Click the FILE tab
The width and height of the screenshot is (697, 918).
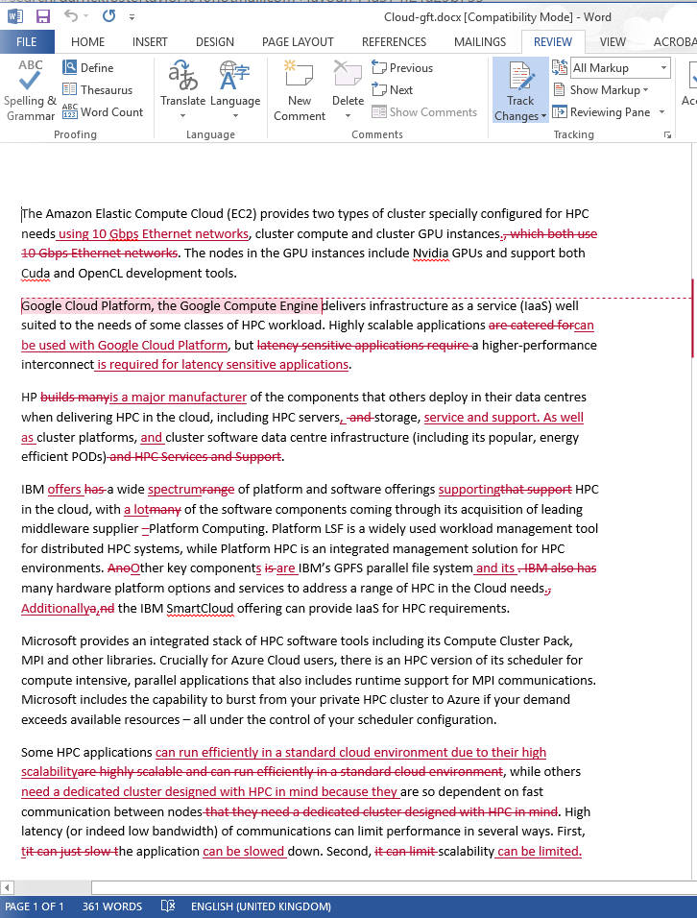[26, 42]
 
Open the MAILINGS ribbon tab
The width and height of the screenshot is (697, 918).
[479, 42]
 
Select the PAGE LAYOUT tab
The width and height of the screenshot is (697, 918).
[298, 42]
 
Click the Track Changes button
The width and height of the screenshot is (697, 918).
[519, 92]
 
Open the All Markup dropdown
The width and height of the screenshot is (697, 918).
[620, 68]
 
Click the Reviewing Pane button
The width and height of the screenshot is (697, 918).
[609, 112]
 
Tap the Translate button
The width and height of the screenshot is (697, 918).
[182, 92]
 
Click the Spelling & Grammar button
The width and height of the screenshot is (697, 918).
[31, 92]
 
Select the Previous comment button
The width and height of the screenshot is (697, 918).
[402, 68]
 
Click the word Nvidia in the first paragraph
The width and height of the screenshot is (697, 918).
[430, 254]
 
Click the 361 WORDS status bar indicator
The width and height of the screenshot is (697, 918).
[112, 906]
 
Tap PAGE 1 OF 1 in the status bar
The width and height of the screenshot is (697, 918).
[35, 906]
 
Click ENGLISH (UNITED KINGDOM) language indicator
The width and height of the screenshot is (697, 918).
[260, 906]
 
